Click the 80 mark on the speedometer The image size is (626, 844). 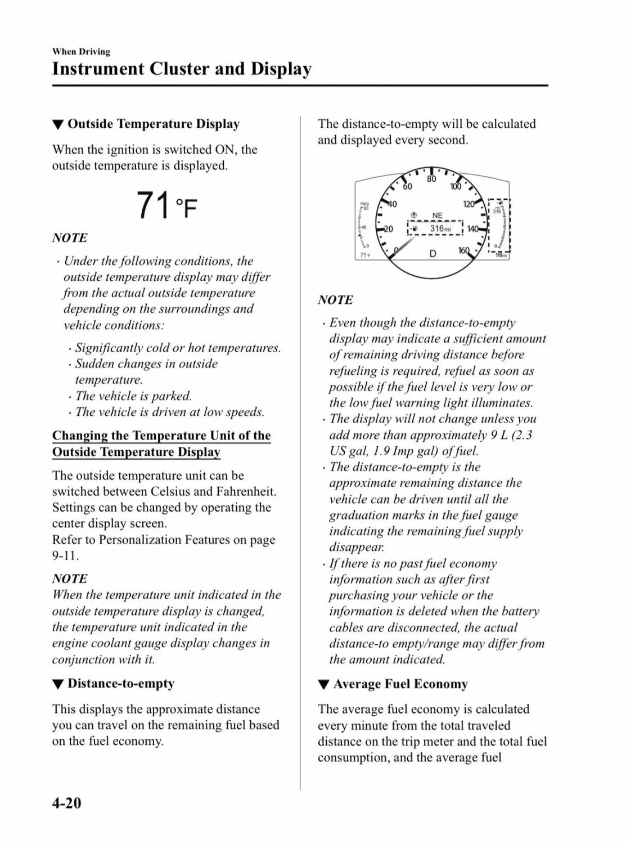[431, 179]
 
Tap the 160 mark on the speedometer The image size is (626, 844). [463, 250]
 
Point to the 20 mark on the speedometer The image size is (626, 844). [388, 229]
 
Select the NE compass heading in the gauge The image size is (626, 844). [437, 216]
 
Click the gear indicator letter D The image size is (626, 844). [433, 254]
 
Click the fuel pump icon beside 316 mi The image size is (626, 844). [415, 229]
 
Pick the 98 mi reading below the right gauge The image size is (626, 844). [501, 256]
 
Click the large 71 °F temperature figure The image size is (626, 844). [166, 206]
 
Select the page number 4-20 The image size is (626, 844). [66, 802]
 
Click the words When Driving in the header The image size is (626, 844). [81, 52]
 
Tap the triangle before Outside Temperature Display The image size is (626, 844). [57, 125]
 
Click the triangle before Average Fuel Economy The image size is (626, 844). [323, 685]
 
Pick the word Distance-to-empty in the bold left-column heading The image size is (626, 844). [121, 684]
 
